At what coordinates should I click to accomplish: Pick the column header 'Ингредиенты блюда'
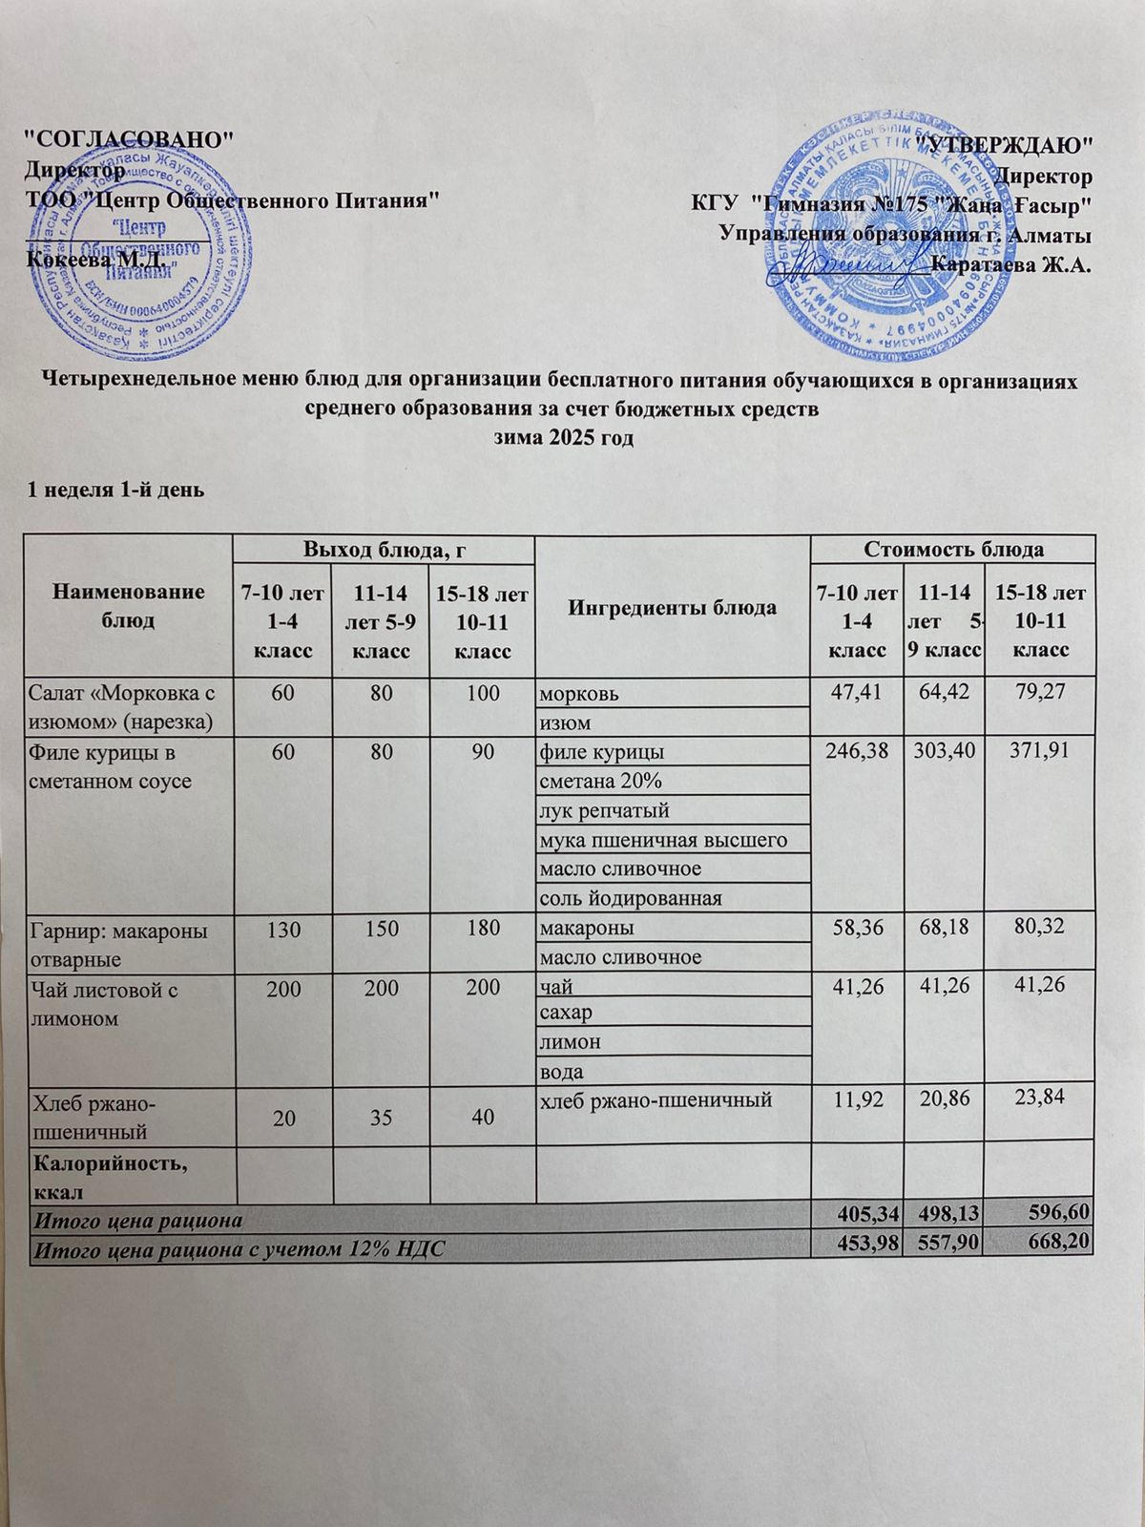(672, 607)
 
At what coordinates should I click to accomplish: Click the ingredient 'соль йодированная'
(630, 898)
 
